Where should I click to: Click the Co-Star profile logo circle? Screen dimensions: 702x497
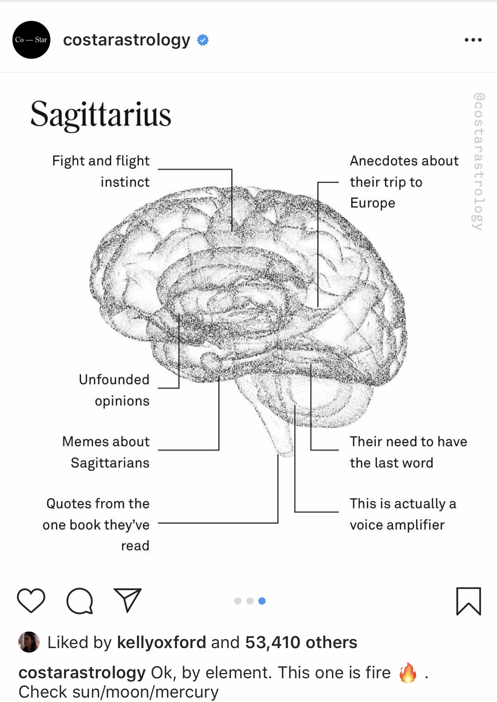(31, 40)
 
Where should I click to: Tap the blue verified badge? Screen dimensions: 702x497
(203, 40)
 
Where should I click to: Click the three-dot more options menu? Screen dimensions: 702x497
(473, 40)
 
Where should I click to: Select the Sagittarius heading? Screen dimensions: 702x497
(101, 115)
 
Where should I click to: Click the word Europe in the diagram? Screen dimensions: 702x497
(372, 203)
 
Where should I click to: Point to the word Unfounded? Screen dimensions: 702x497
(114, 379)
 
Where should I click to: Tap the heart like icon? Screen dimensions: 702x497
(31, 601)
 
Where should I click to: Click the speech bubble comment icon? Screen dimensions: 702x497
(80, 601)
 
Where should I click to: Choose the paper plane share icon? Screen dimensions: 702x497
(128, 600)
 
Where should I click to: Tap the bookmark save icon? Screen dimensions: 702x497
(468, 601)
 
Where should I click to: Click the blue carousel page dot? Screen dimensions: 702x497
(262, 601)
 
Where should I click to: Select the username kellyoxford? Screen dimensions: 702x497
(161, 642)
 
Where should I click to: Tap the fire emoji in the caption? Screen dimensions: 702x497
(408, 673)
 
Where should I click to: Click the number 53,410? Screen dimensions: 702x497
(272, 642)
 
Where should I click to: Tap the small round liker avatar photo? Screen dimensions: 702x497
(29, 642)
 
